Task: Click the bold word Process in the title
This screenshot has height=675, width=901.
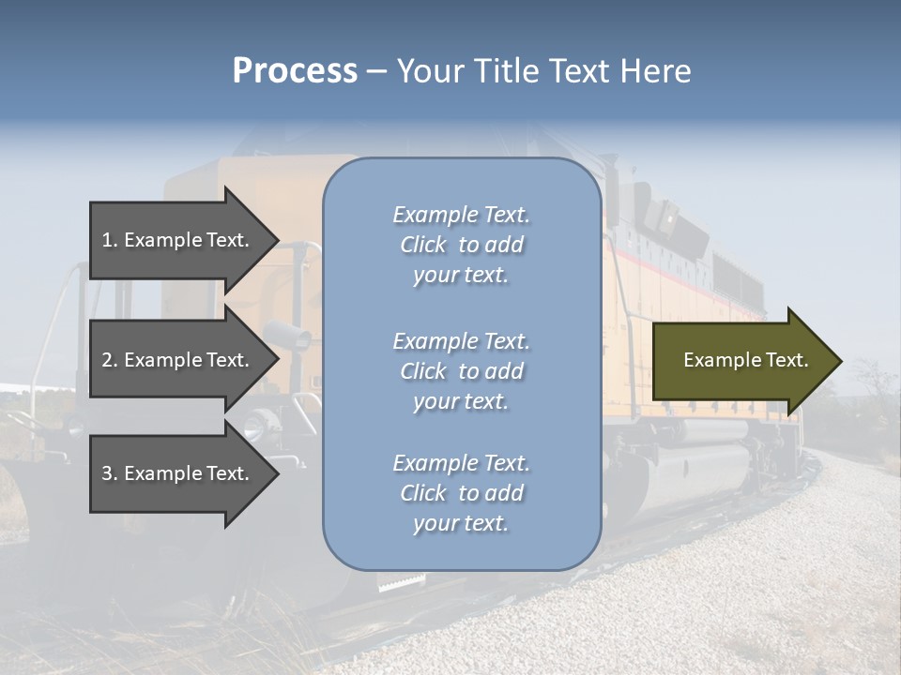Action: click(295, 71)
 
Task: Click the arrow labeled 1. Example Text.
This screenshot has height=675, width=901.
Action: click(178, 240)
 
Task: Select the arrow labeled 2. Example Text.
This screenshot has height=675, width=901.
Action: click(178, 360)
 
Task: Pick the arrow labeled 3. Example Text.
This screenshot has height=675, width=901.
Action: click(178, 473)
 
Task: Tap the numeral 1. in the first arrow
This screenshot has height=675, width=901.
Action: click(110, 240)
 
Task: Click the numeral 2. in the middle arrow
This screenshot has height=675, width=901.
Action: click(110, 360)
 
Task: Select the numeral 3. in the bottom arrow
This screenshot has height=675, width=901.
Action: click(110, 473)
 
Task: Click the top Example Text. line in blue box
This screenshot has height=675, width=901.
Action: click(461, 215)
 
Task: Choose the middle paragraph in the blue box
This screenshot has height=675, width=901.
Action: click(461, 371)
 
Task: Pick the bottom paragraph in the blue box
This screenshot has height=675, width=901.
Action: click(461, 493)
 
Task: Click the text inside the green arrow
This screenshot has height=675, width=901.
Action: click(745, 360)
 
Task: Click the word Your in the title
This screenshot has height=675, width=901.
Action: click(431, 71)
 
